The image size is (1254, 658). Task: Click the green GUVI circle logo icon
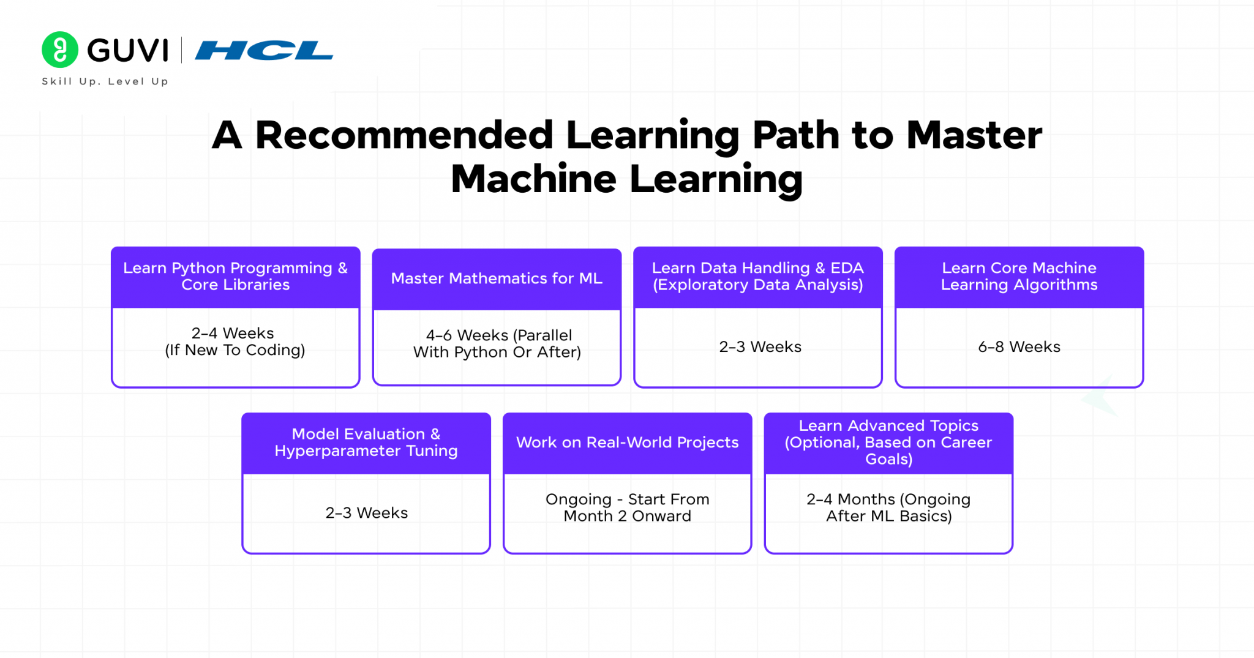coord(60,50)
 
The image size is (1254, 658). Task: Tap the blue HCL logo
coord(264,50)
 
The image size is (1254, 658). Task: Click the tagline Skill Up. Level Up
coord(105,81)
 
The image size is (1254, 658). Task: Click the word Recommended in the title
coord(404,135)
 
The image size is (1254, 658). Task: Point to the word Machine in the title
coord(533,179)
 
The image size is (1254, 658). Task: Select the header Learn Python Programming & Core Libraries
coord(235,277)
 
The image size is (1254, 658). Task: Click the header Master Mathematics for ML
coord(497,279)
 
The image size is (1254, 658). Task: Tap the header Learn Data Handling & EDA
coord(757,277)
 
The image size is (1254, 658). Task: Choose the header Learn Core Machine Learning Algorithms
coord(1019,277)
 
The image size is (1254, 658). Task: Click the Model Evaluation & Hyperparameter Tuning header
coord(366,443)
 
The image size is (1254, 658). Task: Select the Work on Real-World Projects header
coord(627,443)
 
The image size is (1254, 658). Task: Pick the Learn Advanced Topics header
coord(888,443)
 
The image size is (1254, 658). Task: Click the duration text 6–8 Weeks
coord(1019,347)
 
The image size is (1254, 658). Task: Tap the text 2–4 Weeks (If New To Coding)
coord(235,342)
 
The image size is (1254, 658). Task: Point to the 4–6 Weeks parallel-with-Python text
coord(497,343)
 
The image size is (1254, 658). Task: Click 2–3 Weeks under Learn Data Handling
coord(760,347)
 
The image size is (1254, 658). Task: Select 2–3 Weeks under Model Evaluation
coord(366,513)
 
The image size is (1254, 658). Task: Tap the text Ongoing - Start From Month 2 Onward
coord(627,507)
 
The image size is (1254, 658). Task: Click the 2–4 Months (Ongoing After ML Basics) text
coord(888,507)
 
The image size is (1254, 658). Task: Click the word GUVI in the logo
coord(127,50)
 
